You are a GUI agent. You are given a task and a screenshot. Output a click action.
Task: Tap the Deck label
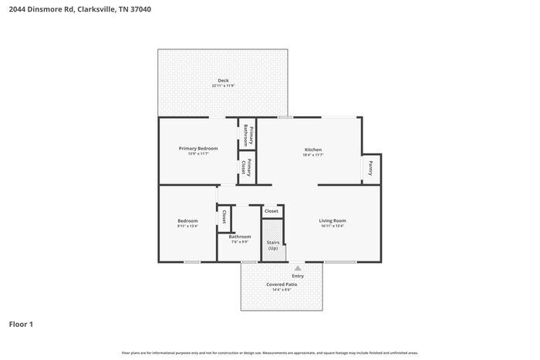[223, 80]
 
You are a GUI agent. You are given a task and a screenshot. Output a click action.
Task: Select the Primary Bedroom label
[198, 148]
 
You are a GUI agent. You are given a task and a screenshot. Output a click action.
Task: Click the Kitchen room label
[312, 150]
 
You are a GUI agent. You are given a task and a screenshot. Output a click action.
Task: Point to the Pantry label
[371, 168]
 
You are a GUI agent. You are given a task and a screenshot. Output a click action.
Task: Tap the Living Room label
[332, 220]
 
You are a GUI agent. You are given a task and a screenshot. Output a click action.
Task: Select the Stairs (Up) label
[273, 245]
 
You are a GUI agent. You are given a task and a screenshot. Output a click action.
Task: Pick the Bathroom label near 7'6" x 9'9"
[239, 237]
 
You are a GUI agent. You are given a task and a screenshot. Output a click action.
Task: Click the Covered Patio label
[282, 284]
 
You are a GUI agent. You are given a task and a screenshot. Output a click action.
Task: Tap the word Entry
[298, 276]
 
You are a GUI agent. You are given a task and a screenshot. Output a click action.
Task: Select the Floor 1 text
[21, 324]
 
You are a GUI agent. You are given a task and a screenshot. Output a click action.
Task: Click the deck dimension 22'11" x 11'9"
[223, 86]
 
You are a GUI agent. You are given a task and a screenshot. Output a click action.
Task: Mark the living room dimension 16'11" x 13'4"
[332, 226]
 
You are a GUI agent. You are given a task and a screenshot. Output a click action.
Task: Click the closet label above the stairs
[272, 210]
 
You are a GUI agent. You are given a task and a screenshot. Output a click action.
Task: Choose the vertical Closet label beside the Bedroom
[224, 217]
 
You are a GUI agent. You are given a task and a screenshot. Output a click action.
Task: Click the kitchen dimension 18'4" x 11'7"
[312, 155]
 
